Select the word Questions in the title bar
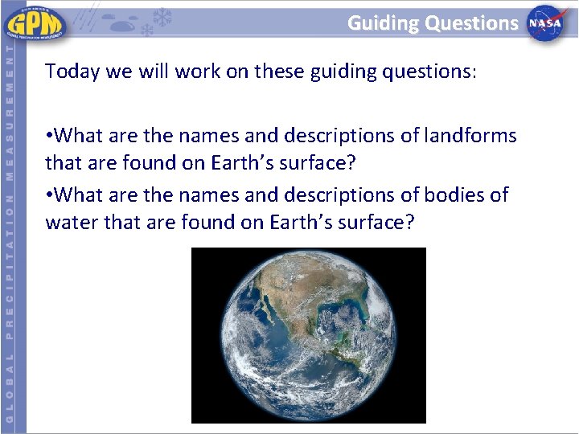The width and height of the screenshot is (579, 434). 472,23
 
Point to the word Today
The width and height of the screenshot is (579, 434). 71,72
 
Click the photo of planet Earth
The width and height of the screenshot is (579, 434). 309,335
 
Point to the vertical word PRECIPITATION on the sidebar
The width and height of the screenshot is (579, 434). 9,266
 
